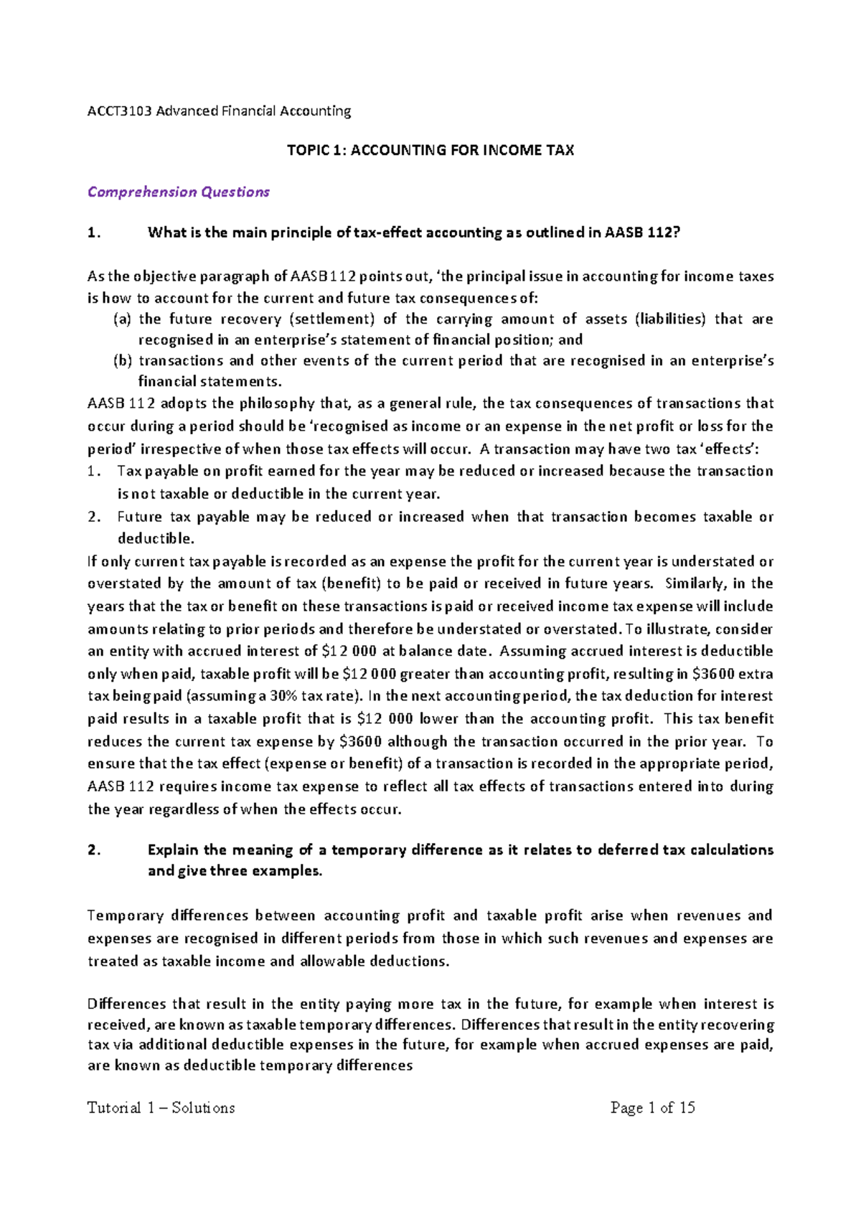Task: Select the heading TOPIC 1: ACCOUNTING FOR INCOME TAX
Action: click(430, 151)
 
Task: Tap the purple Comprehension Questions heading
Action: click(178, 192)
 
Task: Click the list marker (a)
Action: click(122, 319)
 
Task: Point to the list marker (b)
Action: click(122, 361)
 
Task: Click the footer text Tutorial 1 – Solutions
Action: click(161, 1108)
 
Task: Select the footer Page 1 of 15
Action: click(652, 1108)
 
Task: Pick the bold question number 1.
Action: click(93, 232)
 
